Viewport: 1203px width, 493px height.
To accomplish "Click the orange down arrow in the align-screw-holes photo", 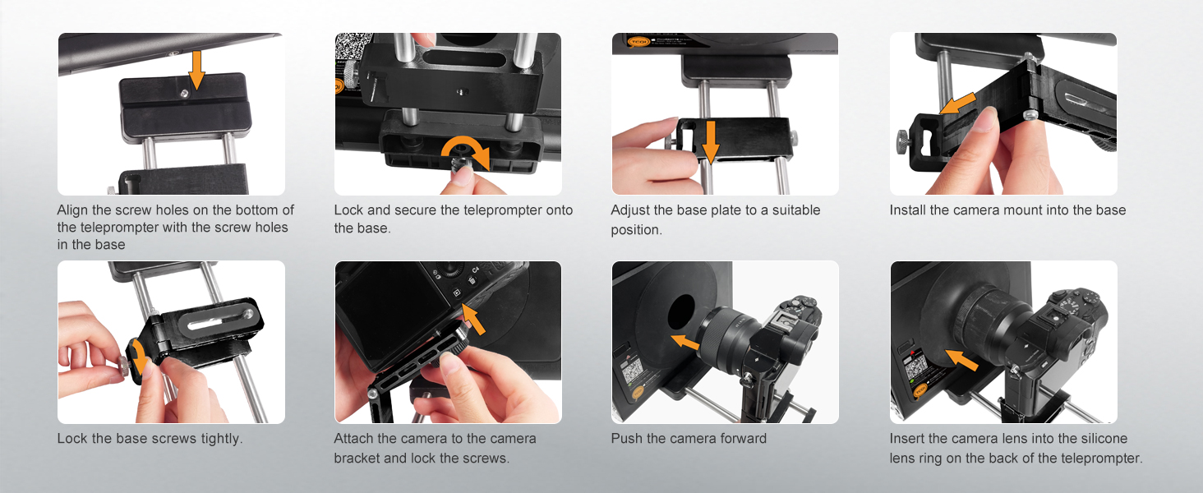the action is click(x=196, y=70).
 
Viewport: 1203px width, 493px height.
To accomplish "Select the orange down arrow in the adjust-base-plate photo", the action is click(x=711, y=141).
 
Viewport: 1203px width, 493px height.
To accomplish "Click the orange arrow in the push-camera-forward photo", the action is click(x=686, y=342).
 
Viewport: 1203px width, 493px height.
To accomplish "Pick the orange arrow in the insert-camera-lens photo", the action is click(x=962, y=359).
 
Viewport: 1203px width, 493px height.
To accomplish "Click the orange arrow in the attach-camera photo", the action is click(x=473, y=320).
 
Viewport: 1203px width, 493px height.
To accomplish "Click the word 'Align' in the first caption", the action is click(x=73, y=210).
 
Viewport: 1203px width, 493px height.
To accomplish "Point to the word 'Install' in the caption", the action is click(x=908, y=210).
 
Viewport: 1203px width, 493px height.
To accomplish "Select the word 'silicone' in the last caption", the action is click(x=1103, y=439).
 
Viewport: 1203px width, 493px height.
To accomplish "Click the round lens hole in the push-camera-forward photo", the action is click(x=681, y=312).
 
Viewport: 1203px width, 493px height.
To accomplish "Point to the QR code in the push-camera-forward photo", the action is click(x=633, y=371).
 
